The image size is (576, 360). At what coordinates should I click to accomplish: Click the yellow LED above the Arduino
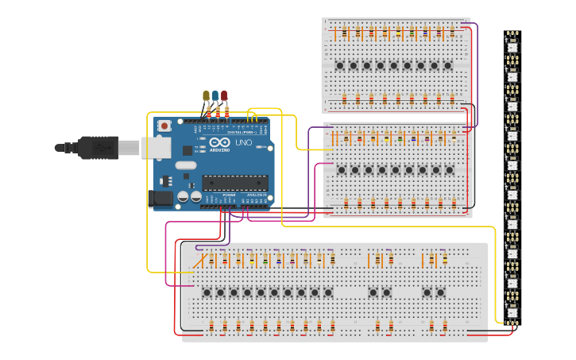click(x=206, y=96)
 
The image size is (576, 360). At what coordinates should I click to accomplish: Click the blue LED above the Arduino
click(x=215, y=96)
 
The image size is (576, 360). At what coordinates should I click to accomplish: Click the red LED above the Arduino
click(x=224, y=96)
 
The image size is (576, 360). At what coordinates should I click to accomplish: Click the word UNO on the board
click(x=243, y=142)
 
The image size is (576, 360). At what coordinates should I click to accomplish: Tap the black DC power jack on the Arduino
click(x=162, y=199)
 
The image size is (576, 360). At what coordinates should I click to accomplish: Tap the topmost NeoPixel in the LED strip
click(x=512, y=46)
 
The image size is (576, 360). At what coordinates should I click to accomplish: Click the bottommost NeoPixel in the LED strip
click(x=512, y=312)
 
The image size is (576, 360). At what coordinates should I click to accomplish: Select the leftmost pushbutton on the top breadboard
click(x=340, y=65)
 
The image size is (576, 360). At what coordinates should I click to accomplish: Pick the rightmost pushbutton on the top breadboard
click(x=448, y=65)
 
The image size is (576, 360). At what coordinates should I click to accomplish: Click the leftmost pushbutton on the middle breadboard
click(x=342, y=169)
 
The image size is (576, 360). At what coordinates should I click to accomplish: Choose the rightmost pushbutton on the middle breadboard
click(x=450, y=169)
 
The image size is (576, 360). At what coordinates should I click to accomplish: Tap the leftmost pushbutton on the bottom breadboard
click(x=207, y=292)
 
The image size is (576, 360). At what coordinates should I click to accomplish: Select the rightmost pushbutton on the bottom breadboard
click(x=440, y=292)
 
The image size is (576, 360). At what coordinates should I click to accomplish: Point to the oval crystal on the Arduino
click(x=185, y=165)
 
